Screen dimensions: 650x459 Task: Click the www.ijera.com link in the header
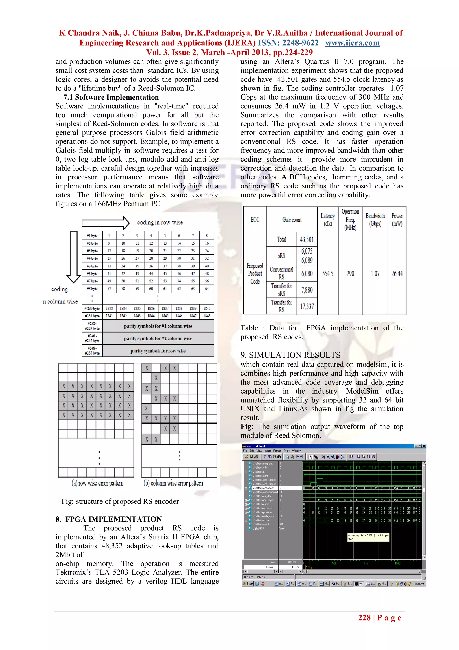[x=352, y=43]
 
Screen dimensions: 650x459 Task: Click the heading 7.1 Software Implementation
[x=111, y=97]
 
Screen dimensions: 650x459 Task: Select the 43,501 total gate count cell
[x=307, y=239]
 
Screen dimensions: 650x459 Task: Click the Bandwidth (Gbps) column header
[x=375, y=219]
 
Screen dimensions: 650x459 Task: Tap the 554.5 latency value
[x=327, y=274]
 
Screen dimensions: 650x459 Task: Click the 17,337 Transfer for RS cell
[x=307, y=306]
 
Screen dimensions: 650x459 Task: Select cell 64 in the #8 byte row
[x=207, y=289]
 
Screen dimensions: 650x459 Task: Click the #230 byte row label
[x=92, y=308]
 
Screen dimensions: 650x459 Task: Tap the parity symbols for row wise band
[x=158, y=351]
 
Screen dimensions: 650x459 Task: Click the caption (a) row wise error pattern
[x=97, y=483]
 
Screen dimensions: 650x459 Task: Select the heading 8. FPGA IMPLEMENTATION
[x=109, y=519]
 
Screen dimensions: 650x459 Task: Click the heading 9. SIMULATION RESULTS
[x=290, y=355]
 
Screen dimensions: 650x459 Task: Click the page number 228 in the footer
[x=364, y=618]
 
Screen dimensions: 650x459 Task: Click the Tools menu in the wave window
[x=286, y=451]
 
